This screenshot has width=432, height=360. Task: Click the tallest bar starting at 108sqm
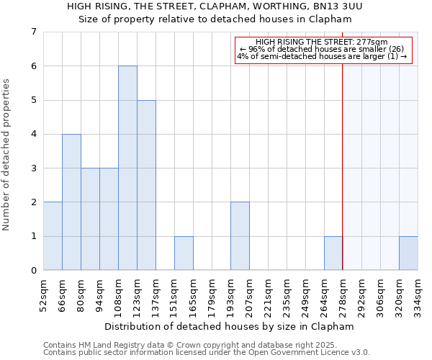[x=127, y=168]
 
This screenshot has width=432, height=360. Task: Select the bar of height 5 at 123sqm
[x=146, y=185]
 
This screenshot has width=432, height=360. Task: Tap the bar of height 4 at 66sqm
[x=71, y=202]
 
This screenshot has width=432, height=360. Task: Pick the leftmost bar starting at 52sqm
[x=53, y=236]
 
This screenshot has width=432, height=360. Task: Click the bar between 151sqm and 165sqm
[x=184, y=253]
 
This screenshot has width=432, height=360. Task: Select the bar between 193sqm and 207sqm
[x=240, y=236]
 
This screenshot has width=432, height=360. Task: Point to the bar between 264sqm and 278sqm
[x=333, y=253]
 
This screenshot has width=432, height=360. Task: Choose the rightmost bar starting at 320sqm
[x=408, y=253]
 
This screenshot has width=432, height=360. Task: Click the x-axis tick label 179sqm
[x=212, y=294]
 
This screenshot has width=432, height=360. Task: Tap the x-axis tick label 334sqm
[x=418, y=294]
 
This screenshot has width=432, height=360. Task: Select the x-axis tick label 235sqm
[x=287, y=294]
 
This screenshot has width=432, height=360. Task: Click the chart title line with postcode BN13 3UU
[x=215, y=6]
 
